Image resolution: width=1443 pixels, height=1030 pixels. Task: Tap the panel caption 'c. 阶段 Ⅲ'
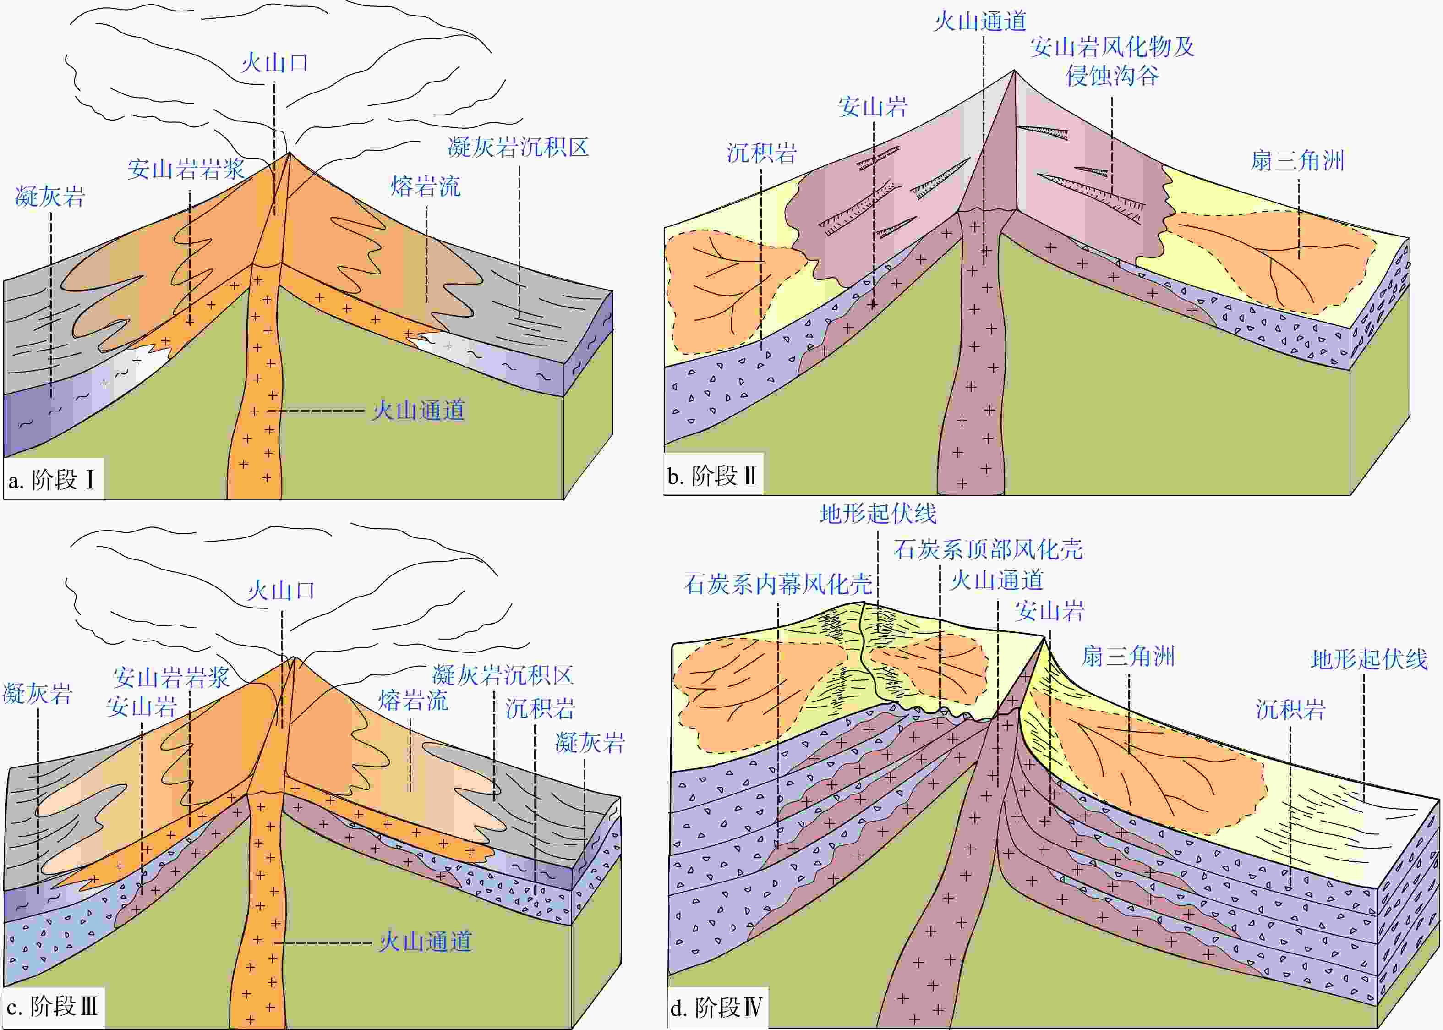pos(52,1007)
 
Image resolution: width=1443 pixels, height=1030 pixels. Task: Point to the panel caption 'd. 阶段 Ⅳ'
pos(716,1007)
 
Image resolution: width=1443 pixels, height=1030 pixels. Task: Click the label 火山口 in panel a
pos(274,63)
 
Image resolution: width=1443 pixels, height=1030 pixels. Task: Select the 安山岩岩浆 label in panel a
pos(186,169)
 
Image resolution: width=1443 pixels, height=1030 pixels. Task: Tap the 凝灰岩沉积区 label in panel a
pos(519,147)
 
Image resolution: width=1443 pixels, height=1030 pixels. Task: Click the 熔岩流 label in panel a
pos(426,186)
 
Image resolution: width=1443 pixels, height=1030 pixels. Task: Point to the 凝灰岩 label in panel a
pos(50,197)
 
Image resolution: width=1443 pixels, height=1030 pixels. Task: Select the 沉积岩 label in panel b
pos(761,153)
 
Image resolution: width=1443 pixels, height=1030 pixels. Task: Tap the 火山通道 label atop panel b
pos(980,21)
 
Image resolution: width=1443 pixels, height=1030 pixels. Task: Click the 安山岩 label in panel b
pos(873,107)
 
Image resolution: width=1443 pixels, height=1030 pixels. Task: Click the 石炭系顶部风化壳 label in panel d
pos(989,549)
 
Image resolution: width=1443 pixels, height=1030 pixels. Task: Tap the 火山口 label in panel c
pos(281,591)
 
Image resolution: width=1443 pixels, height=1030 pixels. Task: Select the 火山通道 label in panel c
pos(426,942)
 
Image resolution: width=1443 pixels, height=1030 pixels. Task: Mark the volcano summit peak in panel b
pos(1014,71)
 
